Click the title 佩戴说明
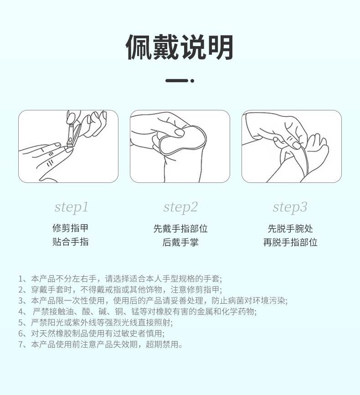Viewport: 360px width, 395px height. pos(180,47)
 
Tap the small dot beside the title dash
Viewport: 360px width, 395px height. pos(192,81)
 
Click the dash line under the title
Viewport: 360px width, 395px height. pos(176,81)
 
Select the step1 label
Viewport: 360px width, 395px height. pos(71,208)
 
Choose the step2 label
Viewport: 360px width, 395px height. pos(180,208)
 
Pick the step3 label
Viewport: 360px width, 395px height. pos(290,208)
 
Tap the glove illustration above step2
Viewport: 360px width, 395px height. pos(180,146)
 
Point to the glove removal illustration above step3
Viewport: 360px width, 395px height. pos(291,146)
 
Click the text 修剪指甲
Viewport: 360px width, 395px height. pos(70,228)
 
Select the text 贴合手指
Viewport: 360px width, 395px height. pos(70,242)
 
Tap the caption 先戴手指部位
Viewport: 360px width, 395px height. pos(180,229)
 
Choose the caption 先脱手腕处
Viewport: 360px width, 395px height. pos(290,229)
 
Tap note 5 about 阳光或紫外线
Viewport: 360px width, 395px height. pos(96,322)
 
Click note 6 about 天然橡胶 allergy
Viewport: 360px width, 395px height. pos(91,333)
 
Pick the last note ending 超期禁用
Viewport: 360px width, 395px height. pos(100,344)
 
